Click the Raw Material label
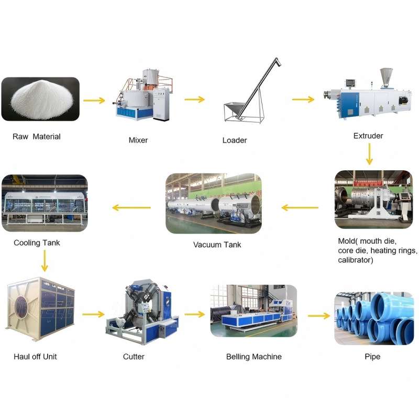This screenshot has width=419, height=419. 37,137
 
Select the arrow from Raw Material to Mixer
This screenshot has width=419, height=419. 94,101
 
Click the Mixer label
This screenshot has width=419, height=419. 138,140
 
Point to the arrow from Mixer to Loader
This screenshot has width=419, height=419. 194,100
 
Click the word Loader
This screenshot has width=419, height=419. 235,140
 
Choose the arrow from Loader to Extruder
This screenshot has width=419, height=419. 303,100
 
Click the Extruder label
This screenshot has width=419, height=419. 368,136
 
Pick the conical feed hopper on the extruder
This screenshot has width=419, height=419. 387,78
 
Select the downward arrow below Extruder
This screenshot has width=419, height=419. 369,154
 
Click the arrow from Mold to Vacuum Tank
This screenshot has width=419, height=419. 300,207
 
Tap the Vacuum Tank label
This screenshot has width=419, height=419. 217,245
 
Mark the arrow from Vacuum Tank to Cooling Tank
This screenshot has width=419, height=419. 131,207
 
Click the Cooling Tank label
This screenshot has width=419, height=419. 37,242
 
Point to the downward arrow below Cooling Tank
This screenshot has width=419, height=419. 45,261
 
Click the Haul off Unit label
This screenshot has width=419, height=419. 35,357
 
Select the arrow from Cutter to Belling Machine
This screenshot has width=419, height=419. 194,314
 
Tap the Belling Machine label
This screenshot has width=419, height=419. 254,357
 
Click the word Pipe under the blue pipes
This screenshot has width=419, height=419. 372,357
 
